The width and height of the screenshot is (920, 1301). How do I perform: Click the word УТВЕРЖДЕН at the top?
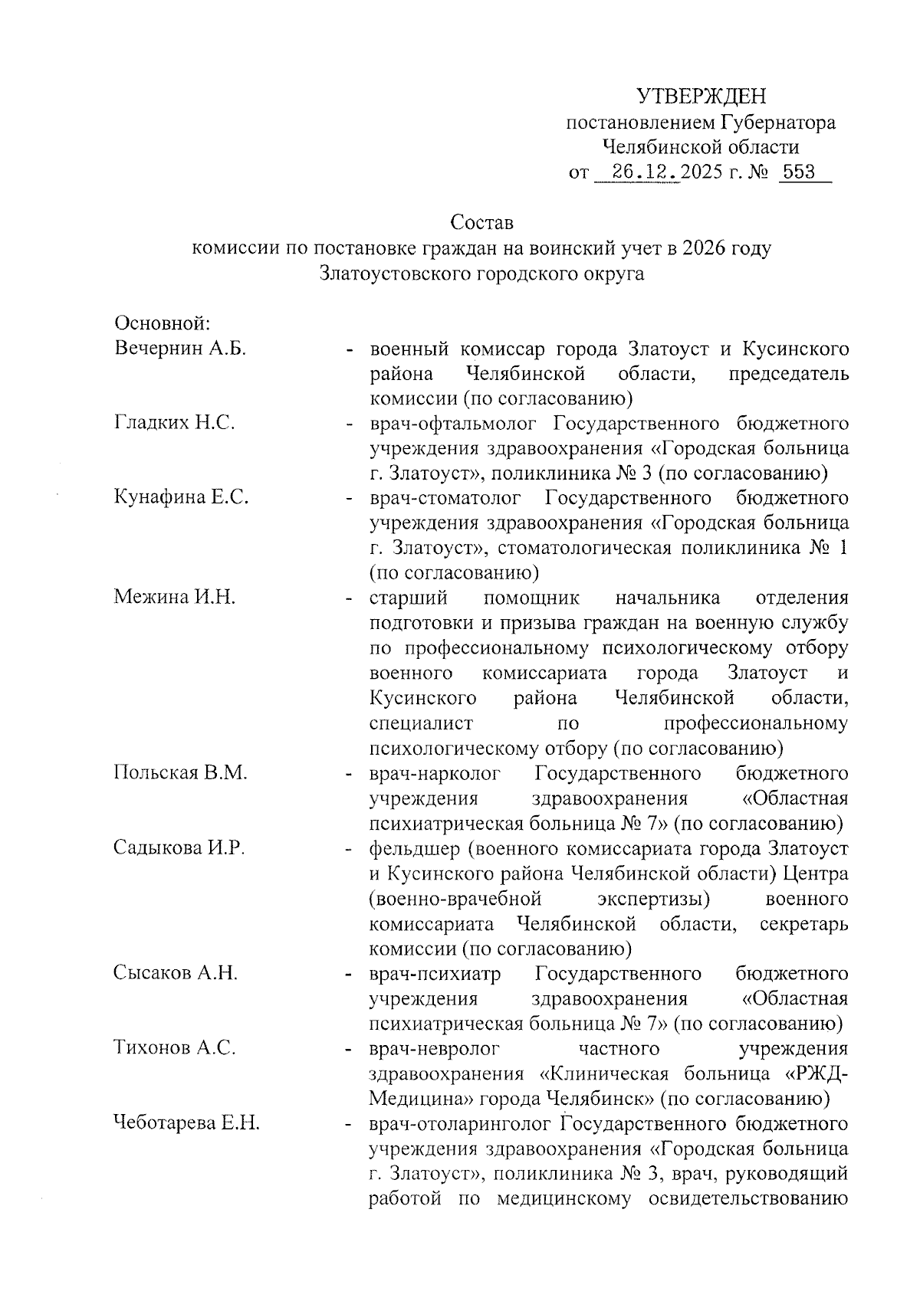[701, 97]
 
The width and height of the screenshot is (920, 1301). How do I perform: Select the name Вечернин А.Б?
[180, 349]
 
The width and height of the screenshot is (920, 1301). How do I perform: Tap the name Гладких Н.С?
[174, 424]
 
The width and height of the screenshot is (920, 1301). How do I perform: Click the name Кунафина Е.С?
[182, 498]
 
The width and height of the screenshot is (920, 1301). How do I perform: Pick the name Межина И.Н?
[174, 598]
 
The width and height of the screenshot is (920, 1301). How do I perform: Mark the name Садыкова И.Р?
[179, 847]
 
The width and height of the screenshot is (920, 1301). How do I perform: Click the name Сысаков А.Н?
[176, 974]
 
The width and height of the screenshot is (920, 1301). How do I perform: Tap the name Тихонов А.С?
[174, 1048]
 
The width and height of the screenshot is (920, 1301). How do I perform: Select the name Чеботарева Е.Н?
[187, 1124]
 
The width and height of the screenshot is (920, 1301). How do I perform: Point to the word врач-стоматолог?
[445, 498]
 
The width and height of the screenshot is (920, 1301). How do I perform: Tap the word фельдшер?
[412, 849]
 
